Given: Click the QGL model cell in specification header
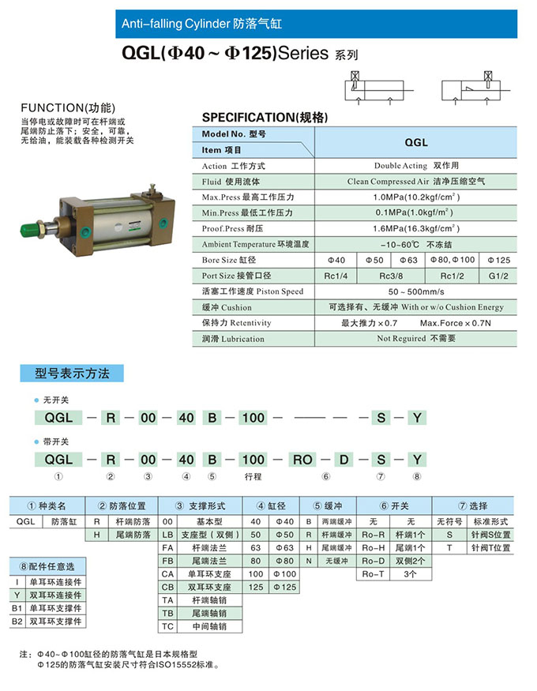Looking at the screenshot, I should pyautogui.click(x=415, y=143).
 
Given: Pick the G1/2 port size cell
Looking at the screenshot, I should pyautogui.click(x=499, y=276).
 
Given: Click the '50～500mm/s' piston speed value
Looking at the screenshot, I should pyautogui.click(x=415, y=291).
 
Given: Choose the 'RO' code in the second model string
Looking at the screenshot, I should pyautogui.click(x=303, y=459).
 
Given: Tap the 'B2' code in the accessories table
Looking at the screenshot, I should pyautogui.click(x=16, y=622).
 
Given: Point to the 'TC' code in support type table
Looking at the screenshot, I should pyautogui.click(x=167, y=626).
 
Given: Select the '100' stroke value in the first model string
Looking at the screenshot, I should pyautogui.click(x=253, y=417).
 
